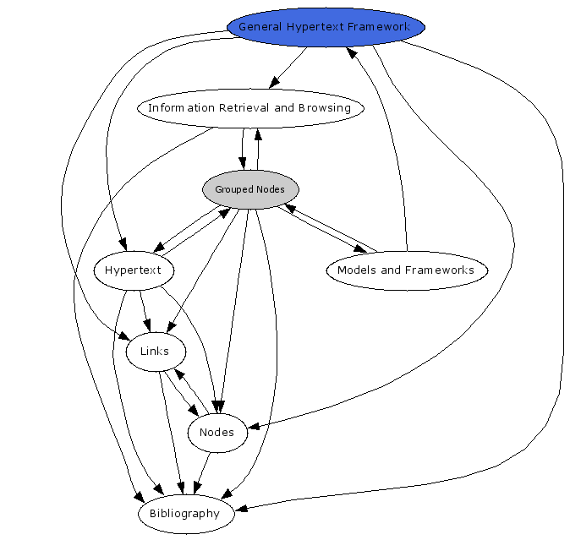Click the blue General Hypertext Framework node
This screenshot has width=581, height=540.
pyautogui.click(x=326, y=26)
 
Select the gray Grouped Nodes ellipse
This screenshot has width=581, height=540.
pyautogui.click(x=249, y=189)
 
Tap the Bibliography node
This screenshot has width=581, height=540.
pyautogui.click(x=184, y=514)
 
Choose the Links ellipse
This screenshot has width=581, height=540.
pyautogui.click(x=156, y=352)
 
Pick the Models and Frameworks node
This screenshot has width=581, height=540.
pyautogui.click(x=406, y=270)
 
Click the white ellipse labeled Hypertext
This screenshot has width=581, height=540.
pyautogui.click(x=134, y=270)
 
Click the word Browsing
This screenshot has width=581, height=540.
pyautogui.click(x=324, y=108)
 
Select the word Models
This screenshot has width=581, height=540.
pyautogui.click(x=354, y=270)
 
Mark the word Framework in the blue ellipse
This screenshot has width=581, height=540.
pyautogui.click(x=381, y=27)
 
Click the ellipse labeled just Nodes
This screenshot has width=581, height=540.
pyautogui.click(x=217, y=433)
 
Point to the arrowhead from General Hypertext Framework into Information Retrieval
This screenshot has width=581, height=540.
pyautogui.click(x=273, y=83)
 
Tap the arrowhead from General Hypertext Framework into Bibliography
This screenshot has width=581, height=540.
pyautogui.click(x=240, y=509)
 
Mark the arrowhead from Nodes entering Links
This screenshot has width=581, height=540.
pyautogui.click(x=178, y=372)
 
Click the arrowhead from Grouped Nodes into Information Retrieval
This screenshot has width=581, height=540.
pyautogui.click(x=259, y=133)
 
